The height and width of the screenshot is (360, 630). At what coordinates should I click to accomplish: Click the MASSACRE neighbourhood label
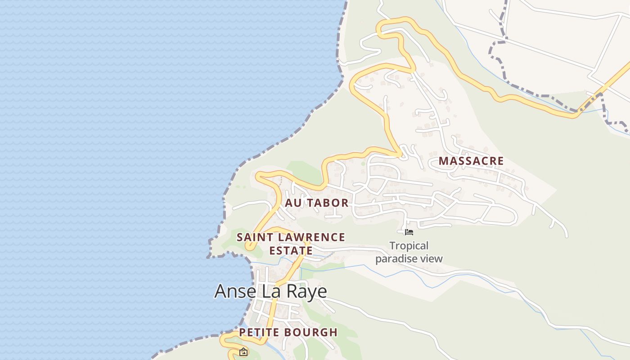click(471, 161)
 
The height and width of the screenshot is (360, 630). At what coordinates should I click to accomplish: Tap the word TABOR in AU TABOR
click(326, 203)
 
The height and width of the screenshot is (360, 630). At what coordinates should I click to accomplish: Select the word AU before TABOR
click(292, 203)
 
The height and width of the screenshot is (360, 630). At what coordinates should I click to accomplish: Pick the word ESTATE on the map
click(291, 251)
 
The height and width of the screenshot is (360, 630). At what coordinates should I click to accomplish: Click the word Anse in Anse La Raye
click(235, 292)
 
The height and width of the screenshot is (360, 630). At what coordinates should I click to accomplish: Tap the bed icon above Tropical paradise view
click(409, 232)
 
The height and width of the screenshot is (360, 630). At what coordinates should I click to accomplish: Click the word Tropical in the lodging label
click(409, 246)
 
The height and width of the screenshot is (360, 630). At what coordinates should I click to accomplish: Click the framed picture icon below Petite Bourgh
click(243, 352)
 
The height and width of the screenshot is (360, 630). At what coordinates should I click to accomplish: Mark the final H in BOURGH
click(333, 333)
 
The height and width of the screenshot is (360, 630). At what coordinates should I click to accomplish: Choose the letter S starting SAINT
click(240, 237)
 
